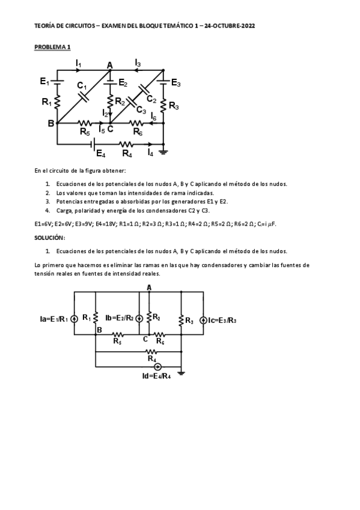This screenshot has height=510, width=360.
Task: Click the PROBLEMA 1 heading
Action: pos(52,46)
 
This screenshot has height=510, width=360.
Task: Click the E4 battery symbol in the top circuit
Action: pos(93,144)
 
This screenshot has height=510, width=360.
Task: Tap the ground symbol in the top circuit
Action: pos(163,152)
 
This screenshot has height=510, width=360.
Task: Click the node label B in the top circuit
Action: pos(51,123)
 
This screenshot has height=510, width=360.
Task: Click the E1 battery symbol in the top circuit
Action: pos(58,80)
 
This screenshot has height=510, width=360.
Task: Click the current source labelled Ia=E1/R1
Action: pos(74,319)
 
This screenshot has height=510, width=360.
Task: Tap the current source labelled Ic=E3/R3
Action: pos(203,319)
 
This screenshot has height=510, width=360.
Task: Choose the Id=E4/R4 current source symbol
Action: pos(157,366)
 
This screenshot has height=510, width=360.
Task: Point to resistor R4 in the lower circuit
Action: pos(151,351)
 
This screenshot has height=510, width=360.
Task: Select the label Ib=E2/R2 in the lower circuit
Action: pos(118,318)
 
